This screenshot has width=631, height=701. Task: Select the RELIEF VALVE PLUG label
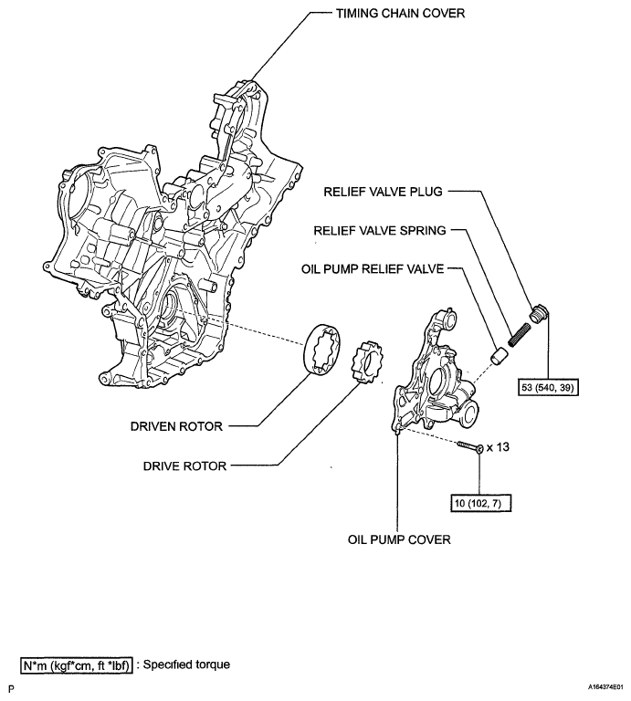point(382,193)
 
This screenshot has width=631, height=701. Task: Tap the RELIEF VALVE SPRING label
point(379,231)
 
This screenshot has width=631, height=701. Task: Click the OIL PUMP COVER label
point(399,539)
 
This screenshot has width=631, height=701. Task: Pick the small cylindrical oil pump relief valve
point(500,353)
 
